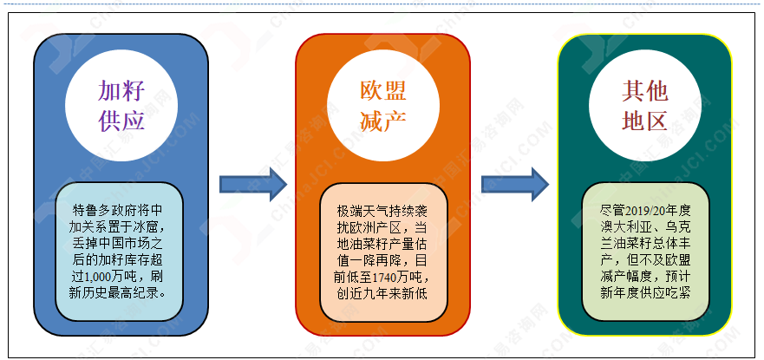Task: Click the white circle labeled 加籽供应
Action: coord(121,105)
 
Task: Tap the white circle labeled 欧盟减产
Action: coord(383,105)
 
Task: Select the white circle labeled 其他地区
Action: coord(644,105)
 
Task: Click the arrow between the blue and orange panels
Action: coord(253,184)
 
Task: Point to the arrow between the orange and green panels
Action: coord(515,184)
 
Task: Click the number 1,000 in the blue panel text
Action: coord(98,278)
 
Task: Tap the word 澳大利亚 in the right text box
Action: coord(624,227)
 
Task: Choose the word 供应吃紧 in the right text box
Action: coord(667,294)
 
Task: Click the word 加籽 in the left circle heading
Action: coord(121,90)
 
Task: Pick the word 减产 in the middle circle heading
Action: coord(383,121)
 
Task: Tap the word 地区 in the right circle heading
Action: coord(644,121)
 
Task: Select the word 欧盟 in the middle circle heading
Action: coord(383,90)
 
